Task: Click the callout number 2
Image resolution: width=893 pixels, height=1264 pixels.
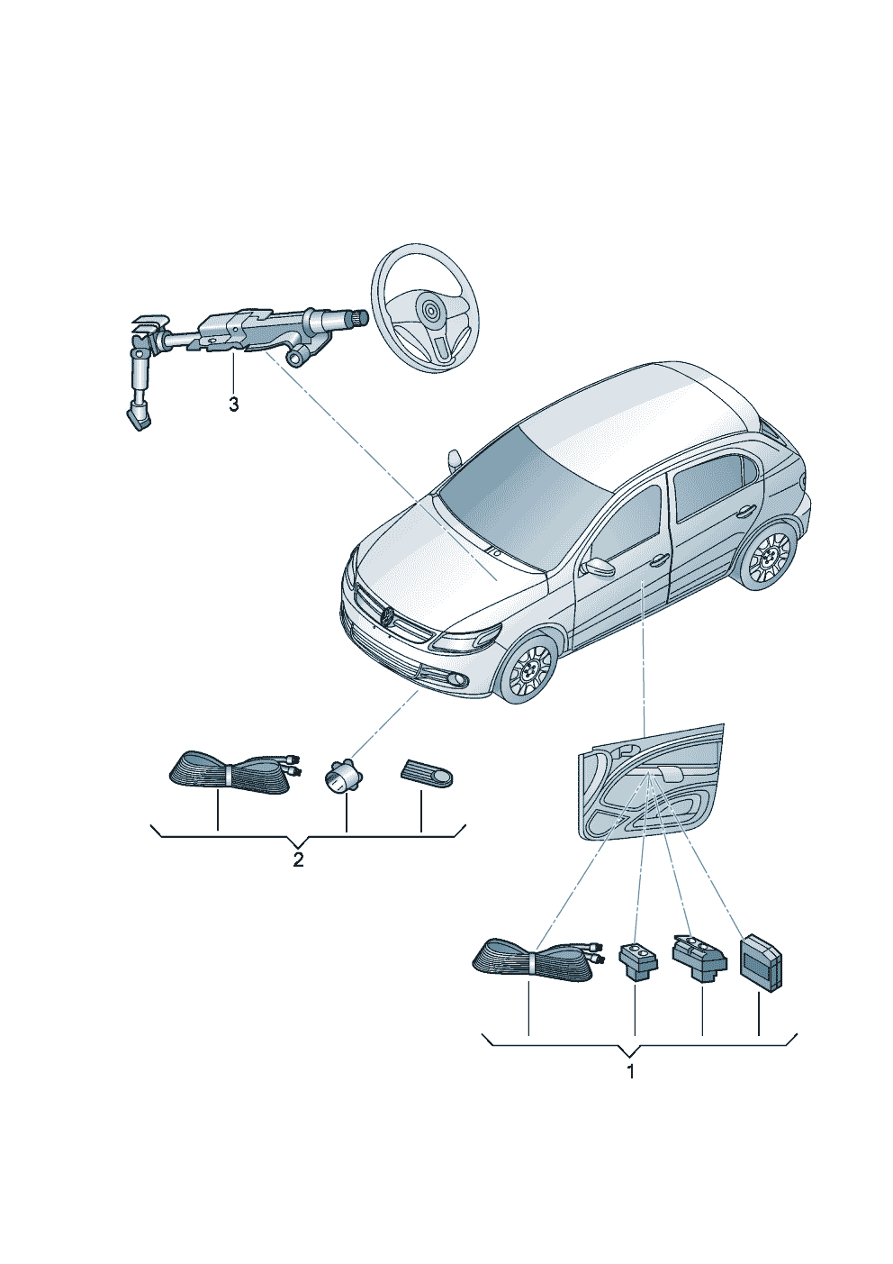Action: click(x=298, y=860)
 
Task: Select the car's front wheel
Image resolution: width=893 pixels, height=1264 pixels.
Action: click(x=530, y=670)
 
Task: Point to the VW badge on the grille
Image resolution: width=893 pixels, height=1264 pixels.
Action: click(x=388, y=615)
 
